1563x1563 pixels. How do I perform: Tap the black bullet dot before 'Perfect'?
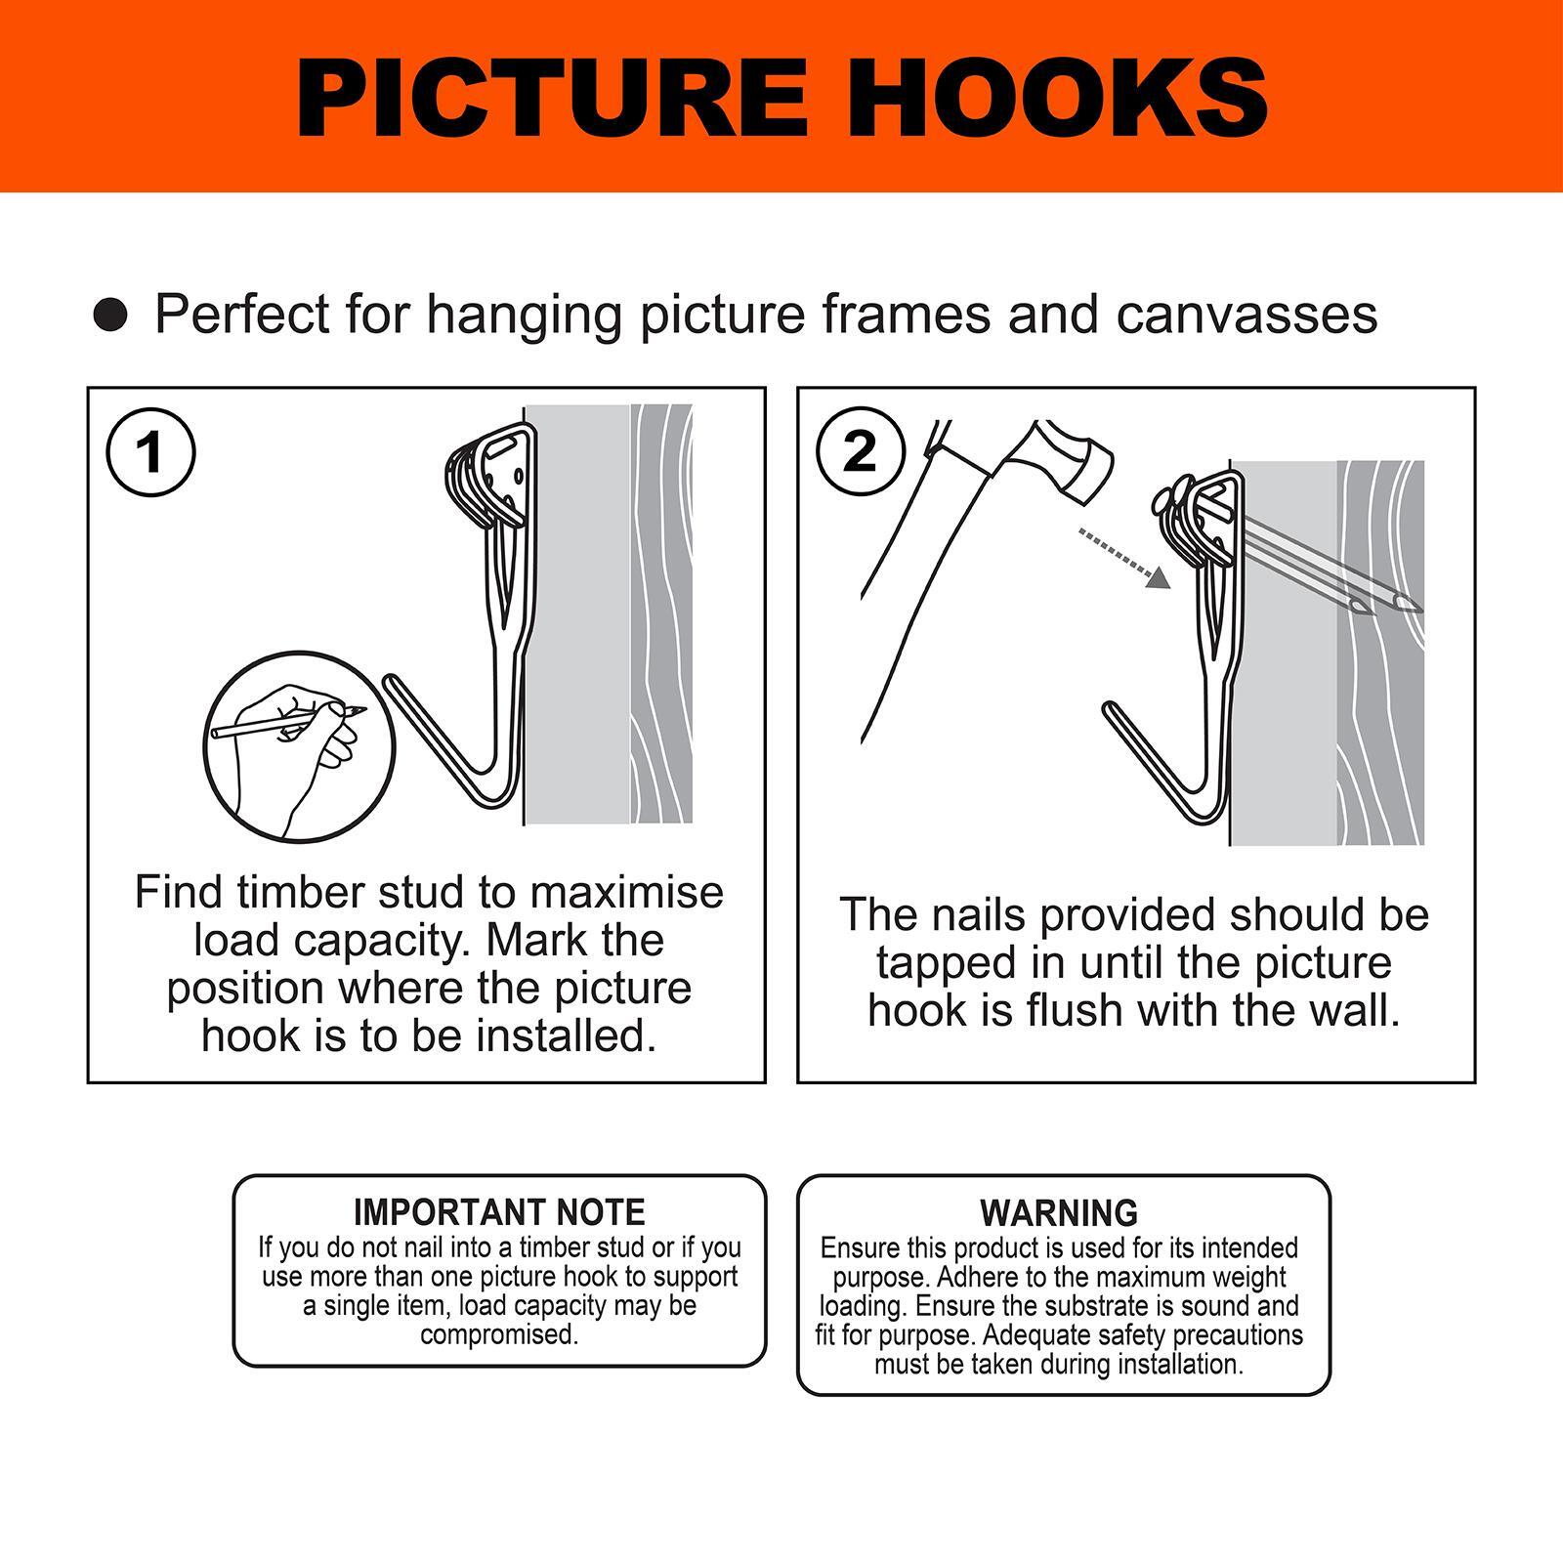pos(110,316)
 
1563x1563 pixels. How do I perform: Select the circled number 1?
pos(150,453)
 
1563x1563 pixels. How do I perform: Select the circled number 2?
pos(860,452)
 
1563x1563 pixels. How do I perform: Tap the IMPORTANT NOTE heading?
pos(499,1212)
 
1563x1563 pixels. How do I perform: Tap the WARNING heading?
pos(1059,1212)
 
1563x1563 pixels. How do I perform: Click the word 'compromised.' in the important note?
pos(499,1335)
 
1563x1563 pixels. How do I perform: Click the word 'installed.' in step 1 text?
pos(567,1036)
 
